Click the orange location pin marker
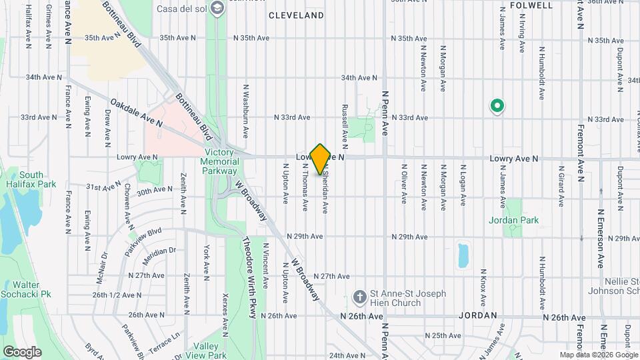pos(321,159)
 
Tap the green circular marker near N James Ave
pos(497,105)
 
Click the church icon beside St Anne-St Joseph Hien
pos(359,297)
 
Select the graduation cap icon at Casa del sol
pos(216,8)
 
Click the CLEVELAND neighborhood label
pos(296,15)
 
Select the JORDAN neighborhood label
pos(478,315)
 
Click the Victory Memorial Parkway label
pos(220,161)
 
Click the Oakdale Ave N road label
pos(137,113)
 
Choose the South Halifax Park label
pos(31,179)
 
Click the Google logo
pos(22,351)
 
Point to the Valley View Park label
pos(207,351)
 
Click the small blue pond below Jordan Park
pos(463,254)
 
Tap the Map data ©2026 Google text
pos(598,355)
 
